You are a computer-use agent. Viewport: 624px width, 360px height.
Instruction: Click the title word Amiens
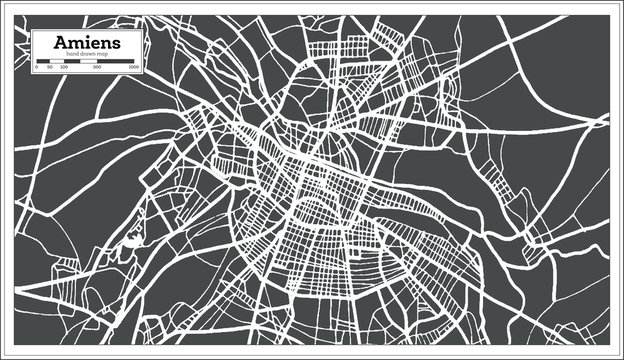[x=87, y=43]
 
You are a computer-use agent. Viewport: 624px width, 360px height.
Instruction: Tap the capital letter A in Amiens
[x=62, y=43]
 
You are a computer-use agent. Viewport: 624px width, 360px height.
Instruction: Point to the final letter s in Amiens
[x=117, y=44]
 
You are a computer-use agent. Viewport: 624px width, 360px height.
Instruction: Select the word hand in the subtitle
[x=71, y=54]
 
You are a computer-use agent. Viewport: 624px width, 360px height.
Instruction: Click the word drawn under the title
[x=87, y=54]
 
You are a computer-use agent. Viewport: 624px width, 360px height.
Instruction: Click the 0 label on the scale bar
[x=37, y=67]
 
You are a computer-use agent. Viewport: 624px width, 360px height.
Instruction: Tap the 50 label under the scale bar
[x=50, y=67]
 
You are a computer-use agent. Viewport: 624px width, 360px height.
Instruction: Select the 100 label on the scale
[x=64, y=67]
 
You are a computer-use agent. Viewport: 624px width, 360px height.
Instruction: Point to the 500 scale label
[x=97, y=67]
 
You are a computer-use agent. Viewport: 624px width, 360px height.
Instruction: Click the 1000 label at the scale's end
[x=134, y=67]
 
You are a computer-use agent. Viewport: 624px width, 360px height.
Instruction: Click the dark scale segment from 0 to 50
[x=43, y=61]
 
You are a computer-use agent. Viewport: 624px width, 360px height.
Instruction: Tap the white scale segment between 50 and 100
[x=57, y=61]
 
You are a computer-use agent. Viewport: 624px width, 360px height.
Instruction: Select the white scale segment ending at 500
[x=89, y=61]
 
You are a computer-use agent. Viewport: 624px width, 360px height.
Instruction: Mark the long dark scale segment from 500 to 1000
[x=116, y=61]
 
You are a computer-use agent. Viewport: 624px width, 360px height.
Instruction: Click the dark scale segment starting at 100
[x=72, y=61]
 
